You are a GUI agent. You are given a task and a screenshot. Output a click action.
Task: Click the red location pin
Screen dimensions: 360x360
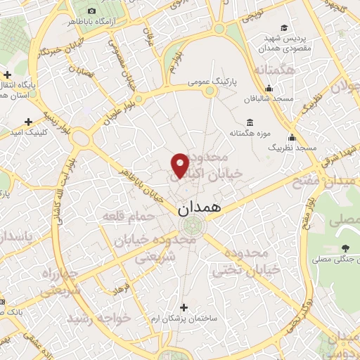pyautogui.click(x=180, y=166)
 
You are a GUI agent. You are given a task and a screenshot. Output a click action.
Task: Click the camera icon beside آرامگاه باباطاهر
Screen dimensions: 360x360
pyautogui.click(x=93, y=11)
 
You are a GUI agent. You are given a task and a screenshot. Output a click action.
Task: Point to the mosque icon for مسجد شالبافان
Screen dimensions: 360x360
pyautogui.click(x=268, y=88)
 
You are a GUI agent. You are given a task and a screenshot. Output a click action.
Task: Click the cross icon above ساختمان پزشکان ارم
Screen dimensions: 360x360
pyautogui.click(x=184, y=307)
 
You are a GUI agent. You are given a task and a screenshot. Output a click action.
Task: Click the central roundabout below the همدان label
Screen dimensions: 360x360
pyautogui.click(x=190, y=226)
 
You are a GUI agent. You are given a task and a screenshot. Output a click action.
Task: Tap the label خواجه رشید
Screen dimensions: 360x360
pyautogui.click(x=99, y=319)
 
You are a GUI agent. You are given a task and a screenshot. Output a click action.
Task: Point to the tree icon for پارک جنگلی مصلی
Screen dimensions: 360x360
pyautogui.click(x=345, y=247)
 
